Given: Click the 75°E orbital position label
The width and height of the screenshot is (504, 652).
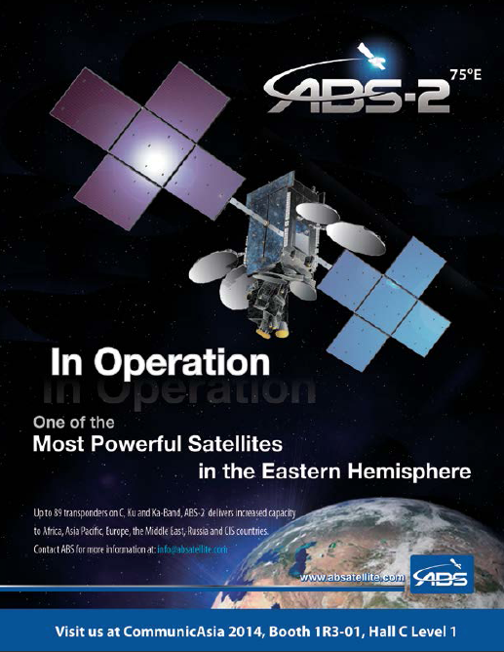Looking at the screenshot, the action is coord(466,75).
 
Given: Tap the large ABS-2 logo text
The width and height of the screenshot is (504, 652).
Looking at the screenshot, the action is coord(357,96).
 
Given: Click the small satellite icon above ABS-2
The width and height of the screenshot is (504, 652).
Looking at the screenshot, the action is coord(371,57).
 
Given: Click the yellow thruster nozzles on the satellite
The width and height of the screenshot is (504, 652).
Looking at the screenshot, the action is coord(273,332).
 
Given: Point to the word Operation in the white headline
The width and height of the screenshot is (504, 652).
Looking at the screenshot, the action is coord(182,362).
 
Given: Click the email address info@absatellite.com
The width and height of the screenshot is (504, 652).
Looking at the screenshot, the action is coord(192,550).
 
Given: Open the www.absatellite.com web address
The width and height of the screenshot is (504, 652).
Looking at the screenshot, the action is coord(352,577).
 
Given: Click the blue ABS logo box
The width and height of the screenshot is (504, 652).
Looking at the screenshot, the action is coord(442,574).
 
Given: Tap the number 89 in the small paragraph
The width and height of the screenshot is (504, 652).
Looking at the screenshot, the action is coord(58,512).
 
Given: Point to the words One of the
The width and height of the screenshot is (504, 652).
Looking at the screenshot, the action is coord(73,423).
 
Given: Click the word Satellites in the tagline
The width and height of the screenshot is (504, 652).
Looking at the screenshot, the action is coord(235,444).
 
